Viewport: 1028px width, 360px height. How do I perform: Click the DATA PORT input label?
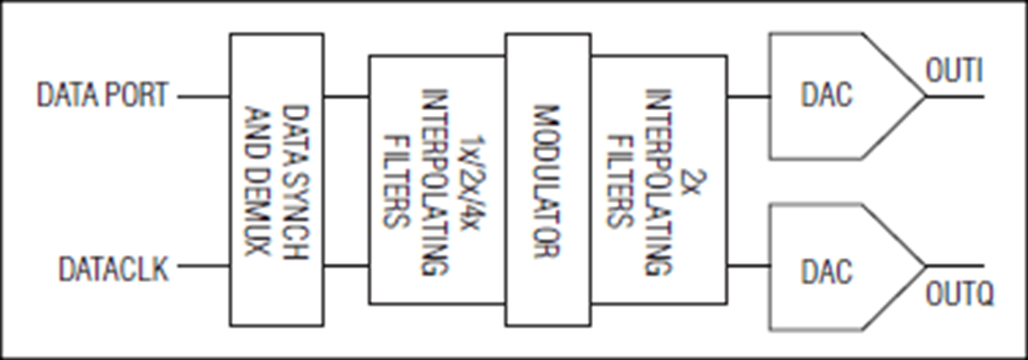click(x=102, y=95)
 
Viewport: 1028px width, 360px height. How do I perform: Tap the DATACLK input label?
click(x=113, y=269)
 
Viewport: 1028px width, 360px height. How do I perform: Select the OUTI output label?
click(x=954, y=71)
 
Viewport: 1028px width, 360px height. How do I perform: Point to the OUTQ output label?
click(x=959, y=294)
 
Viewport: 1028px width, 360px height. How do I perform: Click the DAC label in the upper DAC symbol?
click(x=826, y=94)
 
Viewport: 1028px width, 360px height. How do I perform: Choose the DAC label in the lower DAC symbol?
click(x=826, y=271)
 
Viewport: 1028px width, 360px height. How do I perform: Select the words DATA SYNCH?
click(x=295, y=182)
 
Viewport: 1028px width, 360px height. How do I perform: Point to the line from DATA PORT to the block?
click(x=204, y=96)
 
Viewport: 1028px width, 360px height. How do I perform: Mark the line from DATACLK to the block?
click(x=204, y=266)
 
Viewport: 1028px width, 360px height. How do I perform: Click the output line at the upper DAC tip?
click(x=955, y=96)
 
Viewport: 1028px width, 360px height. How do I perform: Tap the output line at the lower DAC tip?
click(x=955, y=266)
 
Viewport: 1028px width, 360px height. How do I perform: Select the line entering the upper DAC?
click(x=749, y=96)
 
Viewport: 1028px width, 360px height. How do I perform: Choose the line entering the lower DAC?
click(x=749, y=266)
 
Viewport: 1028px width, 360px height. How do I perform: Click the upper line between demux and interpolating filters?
click(x=346, y=96)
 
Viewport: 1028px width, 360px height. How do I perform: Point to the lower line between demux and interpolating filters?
click(x=346, y=266)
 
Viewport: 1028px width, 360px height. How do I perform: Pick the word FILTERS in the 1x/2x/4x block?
click(x=396, y=181)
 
